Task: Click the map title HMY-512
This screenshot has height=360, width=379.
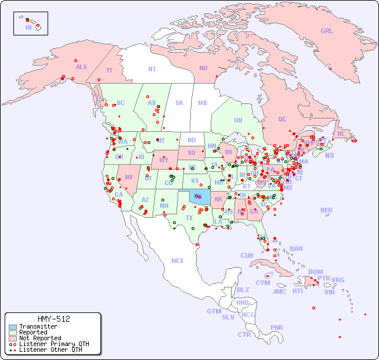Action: [53, 319]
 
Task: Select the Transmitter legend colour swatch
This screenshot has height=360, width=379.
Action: [12, 327]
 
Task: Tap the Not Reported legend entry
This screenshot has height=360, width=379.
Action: [39, 338]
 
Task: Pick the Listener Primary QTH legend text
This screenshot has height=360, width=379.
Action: [53, 344]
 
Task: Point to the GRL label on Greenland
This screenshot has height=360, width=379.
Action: [327, 31]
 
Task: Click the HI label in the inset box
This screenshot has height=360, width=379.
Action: [28, 27]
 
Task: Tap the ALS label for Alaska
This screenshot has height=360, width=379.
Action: [81, 67]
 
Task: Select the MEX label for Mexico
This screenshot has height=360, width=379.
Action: [178, 261]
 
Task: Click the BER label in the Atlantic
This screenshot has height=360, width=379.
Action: [327, 210]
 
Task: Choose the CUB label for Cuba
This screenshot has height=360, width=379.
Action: [247, 255]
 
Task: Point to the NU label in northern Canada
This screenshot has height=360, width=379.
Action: [203, 68]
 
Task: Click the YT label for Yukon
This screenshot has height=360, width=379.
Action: [109, 70]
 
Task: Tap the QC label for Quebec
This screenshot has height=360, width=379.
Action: [282, 119]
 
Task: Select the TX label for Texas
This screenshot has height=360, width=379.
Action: [189, 218]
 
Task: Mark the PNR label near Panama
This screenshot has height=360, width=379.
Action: [277, 327]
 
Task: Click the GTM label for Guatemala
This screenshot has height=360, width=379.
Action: [214, 311]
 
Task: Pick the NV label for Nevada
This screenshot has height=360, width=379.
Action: [129, 177]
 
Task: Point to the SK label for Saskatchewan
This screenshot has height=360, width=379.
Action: [179, 103]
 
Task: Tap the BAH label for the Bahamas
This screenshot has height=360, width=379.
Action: [296, 249]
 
